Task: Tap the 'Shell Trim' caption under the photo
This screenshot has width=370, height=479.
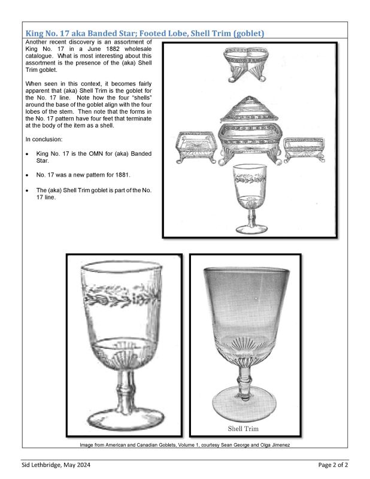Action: (243, 429)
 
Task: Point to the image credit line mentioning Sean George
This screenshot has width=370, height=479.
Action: (185, 445)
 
